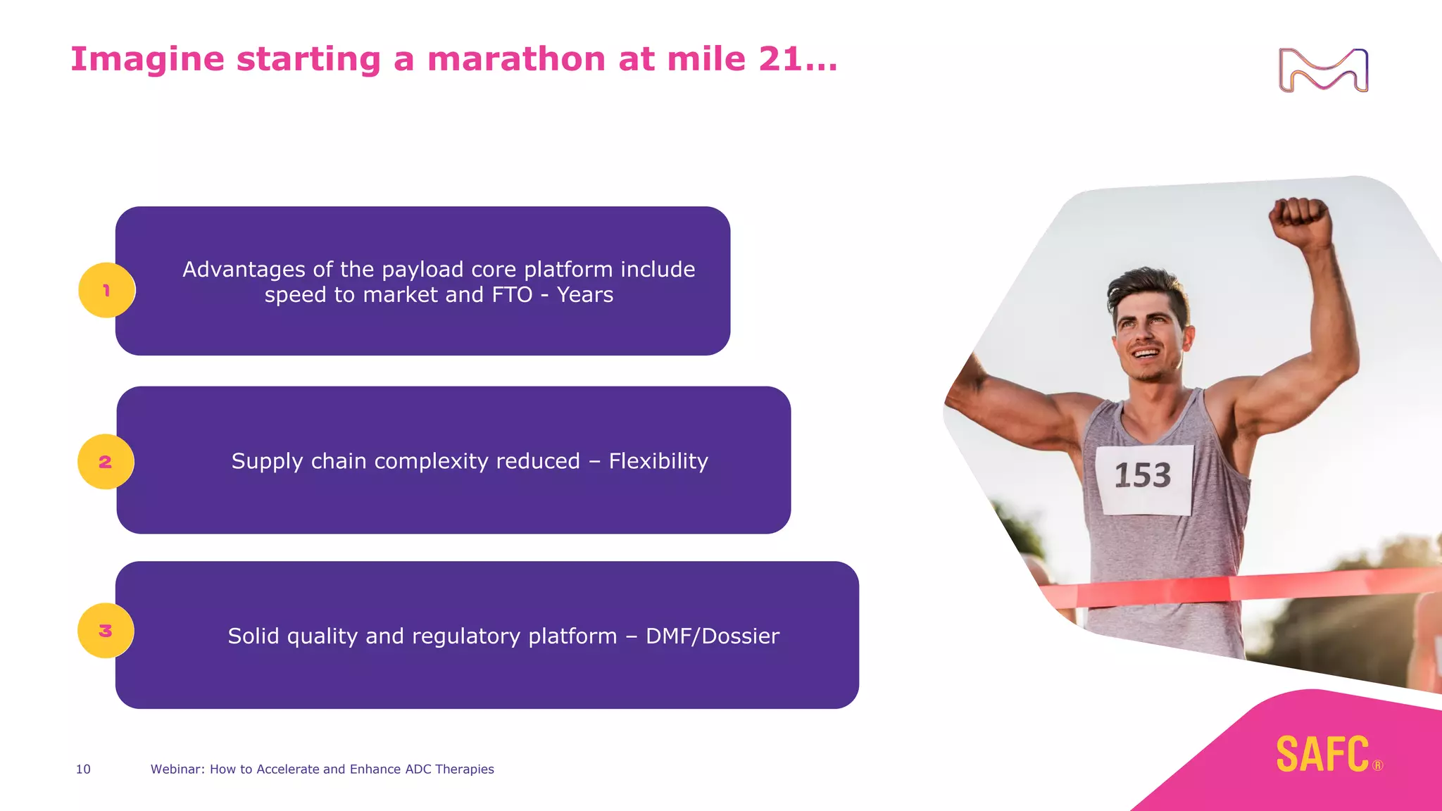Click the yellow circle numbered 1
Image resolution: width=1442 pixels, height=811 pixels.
[106, 290]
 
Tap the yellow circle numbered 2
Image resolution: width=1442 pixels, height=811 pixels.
[106, 462]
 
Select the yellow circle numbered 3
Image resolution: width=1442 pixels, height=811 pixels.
[106, 631]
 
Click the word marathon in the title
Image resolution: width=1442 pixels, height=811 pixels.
[516, 58]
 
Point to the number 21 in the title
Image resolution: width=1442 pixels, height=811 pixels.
[779, 58]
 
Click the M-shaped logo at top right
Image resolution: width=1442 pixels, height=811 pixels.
[1323, 70]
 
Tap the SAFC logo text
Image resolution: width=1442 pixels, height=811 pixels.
[1322, 754]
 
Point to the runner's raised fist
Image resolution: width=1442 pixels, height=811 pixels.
[1300, 221]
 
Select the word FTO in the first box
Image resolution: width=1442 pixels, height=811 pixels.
[512, 294]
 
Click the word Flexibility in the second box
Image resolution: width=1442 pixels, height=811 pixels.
[658, 461]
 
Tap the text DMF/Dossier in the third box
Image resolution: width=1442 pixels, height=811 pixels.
[712, 636]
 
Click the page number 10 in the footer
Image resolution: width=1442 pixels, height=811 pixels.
[83, 769]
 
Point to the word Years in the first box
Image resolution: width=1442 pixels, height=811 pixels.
[584, 294]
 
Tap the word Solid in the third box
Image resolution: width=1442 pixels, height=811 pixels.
[253, 636]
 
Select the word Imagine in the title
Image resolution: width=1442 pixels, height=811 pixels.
[147, 58]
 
